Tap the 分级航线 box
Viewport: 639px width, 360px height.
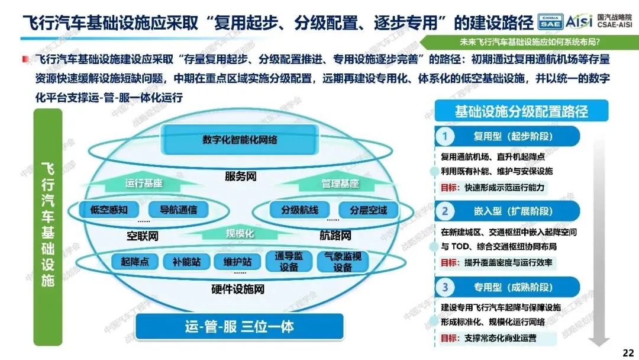299,210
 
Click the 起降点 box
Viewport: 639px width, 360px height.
134,261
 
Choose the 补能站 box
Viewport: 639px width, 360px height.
187,261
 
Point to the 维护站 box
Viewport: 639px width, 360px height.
237,261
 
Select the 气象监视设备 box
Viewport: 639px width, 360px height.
343,262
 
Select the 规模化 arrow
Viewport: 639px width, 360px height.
240,233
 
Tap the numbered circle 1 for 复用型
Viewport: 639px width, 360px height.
444,137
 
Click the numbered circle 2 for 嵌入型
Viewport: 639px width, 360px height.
444,211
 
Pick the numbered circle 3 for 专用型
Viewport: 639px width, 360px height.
444,288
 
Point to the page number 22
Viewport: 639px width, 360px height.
628,352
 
